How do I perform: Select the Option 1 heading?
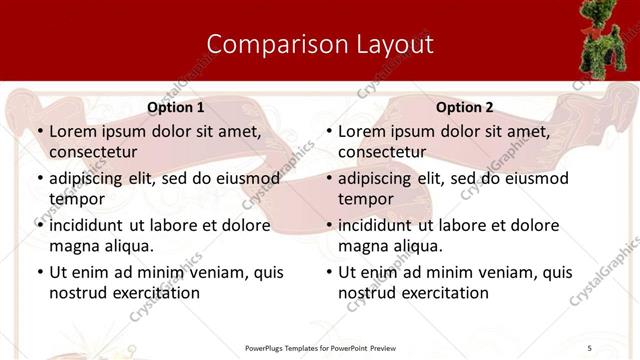click(x=176, y=107)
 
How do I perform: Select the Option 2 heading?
click(x=465, y=107)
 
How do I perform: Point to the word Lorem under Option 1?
click(x=73, y=131)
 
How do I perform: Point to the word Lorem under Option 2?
click(x=362, y=131)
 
